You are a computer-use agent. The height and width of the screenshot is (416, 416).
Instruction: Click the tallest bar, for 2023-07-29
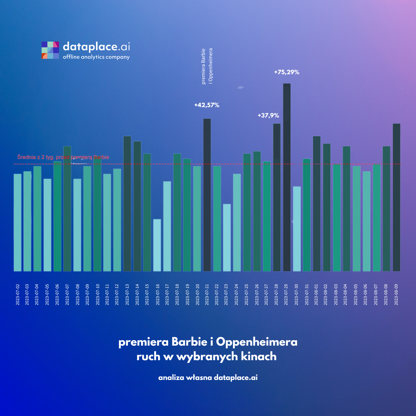click(x=287, y=177)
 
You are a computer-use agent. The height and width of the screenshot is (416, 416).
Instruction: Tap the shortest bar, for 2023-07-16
click(x=157, y=245)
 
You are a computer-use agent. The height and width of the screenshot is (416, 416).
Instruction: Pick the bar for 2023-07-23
click(x=227, y=237)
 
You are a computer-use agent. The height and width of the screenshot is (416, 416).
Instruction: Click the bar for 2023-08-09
click(x=396, y=197)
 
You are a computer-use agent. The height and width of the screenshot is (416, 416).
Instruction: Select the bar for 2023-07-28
click(x=277, y=197)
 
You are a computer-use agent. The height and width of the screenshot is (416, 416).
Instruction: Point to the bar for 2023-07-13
click(x=127, y=203)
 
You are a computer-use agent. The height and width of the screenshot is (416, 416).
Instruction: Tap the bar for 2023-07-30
click(x=297, y=229)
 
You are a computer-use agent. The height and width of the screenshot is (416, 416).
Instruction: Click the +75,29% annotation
click(x=287, y=72)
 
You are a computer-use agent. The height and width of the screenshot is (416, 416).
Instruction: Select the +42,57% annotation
click(x=207, y=105)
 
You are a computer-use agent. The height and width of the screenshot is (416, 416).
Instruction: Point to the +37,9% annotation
click(x=268, y=115)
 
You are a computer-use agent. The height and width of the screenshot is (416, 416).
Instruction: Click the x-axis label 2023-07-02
click(x=18, y=295)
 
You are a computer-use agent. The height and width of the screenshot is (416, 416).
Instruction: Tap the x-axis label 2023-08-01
click(x=316, y=295)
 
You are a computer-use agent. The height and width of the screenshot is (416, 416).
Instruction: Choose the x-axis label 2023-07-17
click(x=167, y=295)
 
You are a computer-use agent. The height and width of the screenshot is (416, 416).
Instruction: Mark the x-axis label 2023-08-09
click(x=396, y=295)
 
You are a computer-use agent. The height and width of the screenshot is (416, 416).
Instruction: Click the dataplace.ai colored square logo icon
click(x=50, y=50)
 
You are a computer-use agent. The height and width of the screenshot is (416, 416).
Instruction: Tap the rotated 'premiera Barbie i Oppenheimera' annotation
click(x=207, y=66)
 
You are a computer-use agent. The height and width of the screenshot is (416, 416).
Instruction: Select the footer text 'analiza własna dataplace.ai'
click(x=208, y=378)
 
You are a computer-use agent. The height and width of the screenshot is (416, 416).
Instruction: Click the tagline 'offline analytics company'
click(x=96, y=57)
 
